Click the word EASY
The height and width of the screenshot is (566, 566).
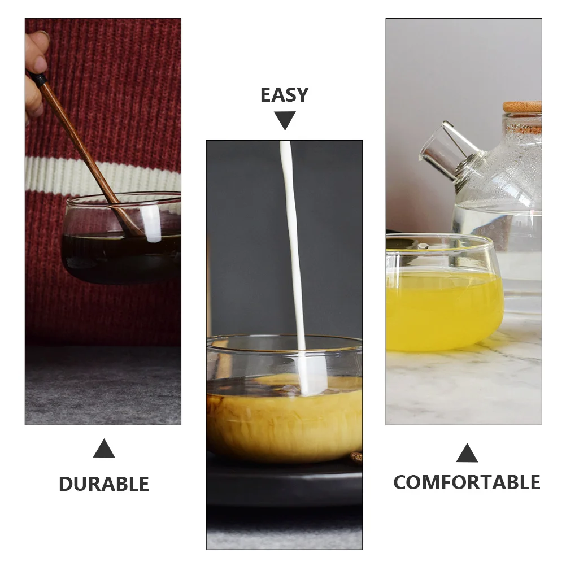[284, 95]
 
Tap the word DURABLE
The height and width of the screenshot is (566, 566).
[104, 484]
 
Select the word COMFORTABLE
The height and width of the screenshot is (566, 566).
[467, 482]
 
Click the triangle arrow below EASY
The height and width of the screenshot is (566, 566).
[285, 120]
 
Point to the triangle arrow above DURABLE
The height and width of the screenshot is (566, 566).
[104, 449]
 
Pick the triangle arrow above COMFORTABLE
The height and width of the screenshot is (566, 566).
[467, 453]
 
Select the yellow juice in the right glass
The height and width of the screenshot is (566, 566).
[441, 311]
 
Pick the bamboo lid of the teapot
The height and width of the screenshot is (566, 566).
[523, 107]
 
